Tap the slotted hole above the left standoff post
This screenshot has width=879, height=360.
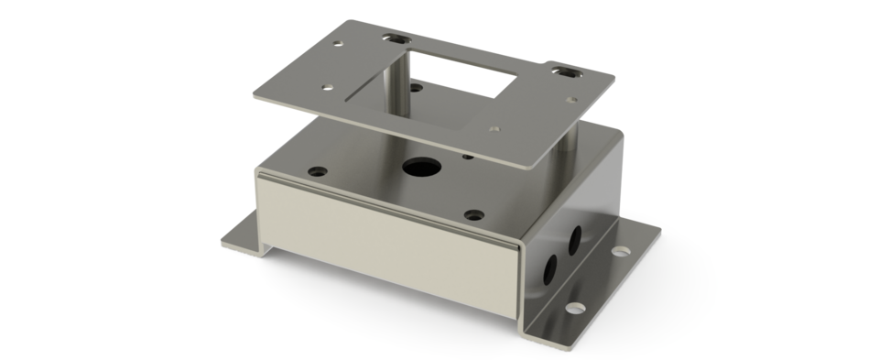pos(397,40)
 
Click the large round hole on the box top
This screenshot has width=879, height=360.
pos(420,168)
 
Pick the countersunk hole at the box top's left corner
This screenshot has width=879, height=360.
pos(317,170)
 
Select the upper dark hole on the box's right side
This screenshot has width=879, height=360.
pos(576,240)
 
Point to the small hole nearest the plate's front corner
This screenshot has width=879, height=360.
pos(494,130)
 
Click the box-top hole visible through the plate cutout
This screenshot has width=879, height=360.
pos(417,88)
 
